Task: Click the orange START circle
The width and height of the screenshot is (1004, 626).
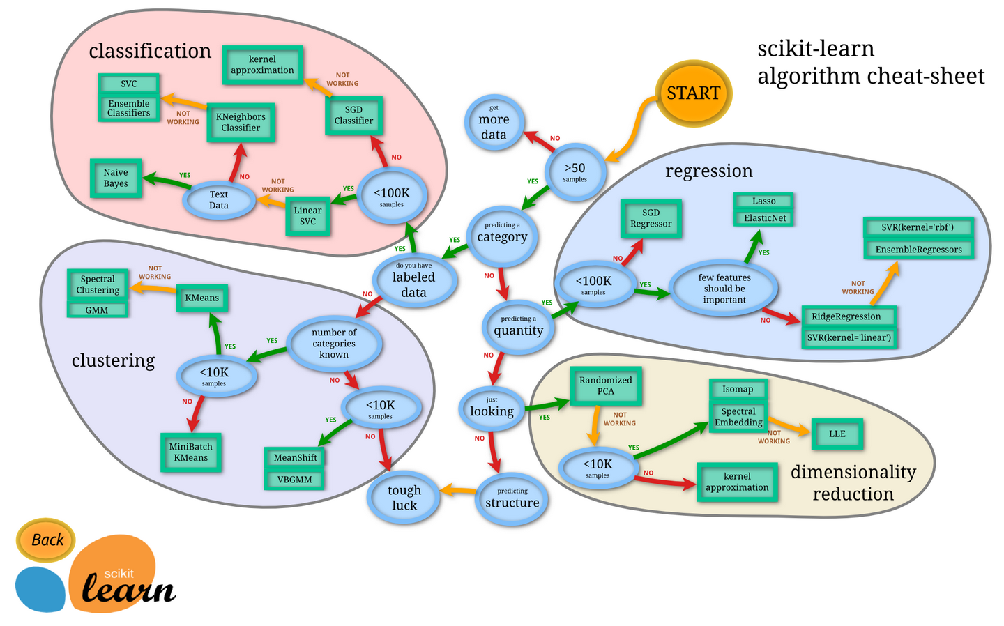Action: point(693,93)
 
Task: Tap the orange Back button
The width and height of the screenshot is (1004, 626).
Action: point(47,540)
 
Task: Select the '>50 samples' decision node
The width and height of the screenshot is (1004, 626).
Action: point(575,171)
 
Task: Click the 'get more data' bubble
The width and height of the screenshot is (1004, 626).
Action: point(494,123)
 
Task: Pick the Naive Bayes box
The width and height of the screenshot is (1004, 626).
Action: point(116,178)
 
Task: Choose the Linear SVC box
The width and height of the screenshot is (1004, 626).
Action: point(307,216)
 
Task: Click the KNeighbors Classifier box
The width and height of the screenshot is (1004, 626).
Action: point(241,123)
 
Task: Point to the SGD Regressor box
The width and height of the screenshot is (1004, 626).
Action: point(651,219)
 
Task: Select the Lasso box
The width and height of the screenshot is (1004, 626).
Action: point(763,201)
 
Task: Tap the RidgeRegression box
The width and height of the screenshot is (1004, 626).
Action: point(846,316)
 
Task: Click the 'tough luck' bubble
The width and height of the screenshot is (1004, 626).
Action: point(404,498)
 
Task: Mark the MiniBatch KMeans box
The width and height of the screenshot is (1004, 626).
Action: point(190,452)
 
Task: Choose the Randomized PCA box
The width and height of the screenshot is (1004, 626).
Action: point(605,385)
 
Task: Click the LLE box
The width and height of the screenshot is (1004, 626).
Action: point(837,434)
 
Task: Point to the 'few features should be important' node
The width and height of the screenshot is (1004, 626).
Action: point(724,288)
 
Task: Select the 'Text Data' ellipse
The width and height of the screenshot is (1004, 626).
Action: point(218,200)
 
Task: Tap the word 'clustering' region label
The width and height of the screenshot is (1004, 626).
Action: point(113,360)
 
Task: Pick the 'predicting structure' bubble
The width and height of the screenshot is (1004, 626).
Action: point(512,498)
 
